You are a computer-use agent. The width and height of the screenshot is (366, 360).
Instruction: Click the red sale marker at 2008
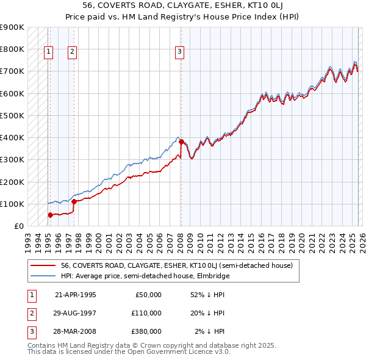tap(181, 142)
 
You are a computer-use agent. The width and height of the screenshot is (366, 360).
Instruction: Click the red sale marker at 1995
tap(50, 215)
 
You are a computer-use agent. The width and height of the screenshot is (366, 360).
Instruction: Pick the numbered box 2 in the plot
tap(72, 52)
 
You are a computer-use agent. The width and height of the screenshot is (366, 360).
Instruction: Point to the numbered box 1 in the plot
tap(48, 52)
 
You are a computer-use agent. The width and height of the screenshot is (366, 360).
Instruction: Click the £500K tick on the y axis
tap(12, 115)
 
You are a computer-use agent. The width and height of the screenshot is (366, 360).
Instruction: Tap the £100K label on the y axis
tap(12, 204)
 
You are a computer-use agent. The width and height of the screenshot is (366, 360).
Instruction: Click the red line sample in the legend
tap(42, 265)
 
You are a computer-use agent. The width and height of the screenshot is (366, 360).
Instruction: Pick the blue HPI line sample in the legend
tap(42, 276)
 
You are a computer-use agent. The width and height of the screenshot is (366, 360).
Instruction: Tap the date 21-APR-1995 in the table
tap(75, 295)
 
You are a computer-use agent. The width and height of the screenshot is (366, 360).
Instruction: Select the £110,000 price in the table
tap(146, 313)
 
